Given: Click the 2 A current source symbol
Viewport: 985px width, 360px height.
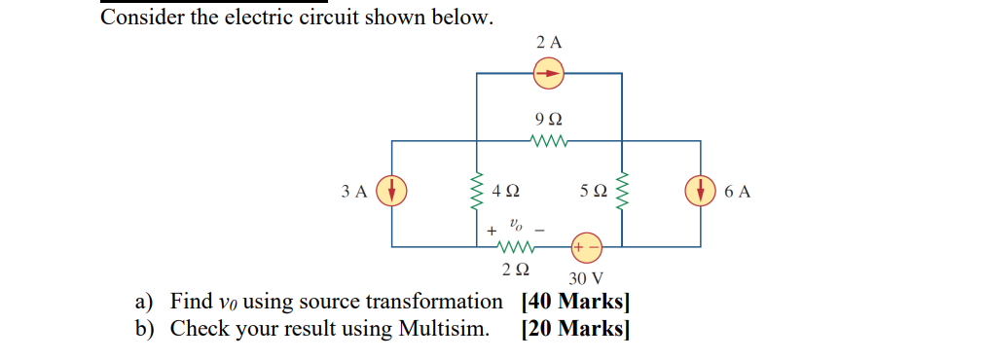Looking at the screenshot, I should pyautogui.click(x=549, y=72).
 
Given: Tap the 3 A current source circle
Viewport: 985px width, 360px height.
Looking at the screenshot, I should pyautogui.click(x=391, y=191).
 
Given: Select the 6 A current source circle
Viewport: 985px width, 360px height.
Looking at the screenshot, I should pyautogui.click(x=701, y=191).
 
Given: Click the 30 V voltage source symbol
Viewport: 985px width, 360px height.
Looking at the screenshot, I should pyautogui.click(x=586, y=246).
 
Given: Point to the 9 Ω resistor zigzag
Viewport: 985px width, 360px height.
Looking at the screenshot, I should pyautogui.click(x=548, y=141).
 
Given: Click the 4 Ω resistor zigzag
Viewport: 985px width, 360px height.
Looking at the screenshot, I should pyautogui.click(x=477, y=192).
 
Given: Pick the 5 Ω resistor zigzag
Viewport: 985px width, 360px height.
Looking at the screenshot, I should pyautogui.click(x=623, y=192).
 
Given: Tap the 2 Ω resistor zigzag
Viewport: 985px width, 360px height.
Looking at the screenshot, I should pyautogui.click(x=512, y=246).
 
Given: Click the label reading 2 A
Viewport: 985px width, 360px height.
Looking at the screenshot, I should pyautogui.click(x=549, y=43).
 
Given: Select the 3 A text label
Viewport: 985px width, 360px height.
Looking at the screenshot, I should pyautogui.click(x=355, y=192).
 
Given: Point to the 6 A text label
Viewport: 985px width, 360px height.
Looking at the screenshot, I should pyautogui.click(x=738, y=192).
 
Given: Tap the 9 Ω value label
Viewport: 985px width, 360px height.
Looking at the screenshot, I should pyautogui.click(x=548, y=119).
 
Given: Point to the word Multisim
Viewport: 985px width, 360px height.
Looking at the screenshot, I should pyautogui.click(x=443, y=329).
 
